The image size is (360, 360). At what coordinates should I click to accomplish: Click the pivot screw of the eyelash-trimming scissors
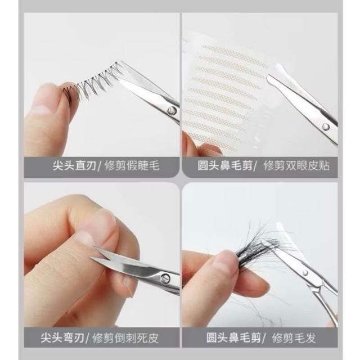point(172,110)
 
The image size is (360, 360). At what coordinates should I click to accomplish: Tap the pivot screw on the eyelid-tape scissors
point(326,127)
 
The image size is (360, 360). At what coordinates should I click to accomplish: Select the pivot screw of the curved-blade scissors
point(165,278)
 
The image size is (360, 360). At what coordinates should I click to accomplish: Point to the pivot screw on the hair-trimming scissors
point(305,272)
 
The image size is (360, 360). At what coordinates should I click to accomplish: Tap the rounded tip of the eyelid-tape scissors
point(269,78)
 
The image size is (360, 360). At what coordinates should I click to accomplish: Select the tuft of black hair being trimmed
point(262,248)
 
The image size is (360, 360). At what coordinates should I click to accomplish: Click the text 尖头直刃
point(74,165)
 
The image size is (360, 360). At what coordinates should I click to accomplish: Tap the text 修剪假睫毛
point(132,165)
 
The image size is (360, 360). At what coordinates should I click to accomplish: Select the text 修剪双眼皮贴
point(296,165)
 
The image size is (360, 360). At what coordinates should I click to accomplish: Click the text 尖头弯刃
point(62,337)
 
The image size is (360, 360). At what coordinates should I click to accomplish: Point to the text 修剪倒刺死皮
point(125,338)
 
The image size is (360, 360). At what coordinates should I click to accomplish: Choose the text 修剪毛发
point(294,337)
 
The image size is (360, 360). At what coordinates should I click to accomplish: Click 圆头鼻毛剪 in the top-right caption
point(225,165)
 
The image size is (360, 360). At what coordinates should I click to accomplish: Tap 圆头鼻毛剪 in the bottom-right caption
point(233,337)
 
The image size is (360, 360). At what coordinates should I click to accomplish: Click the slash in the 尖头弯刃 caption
point(88,338)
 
